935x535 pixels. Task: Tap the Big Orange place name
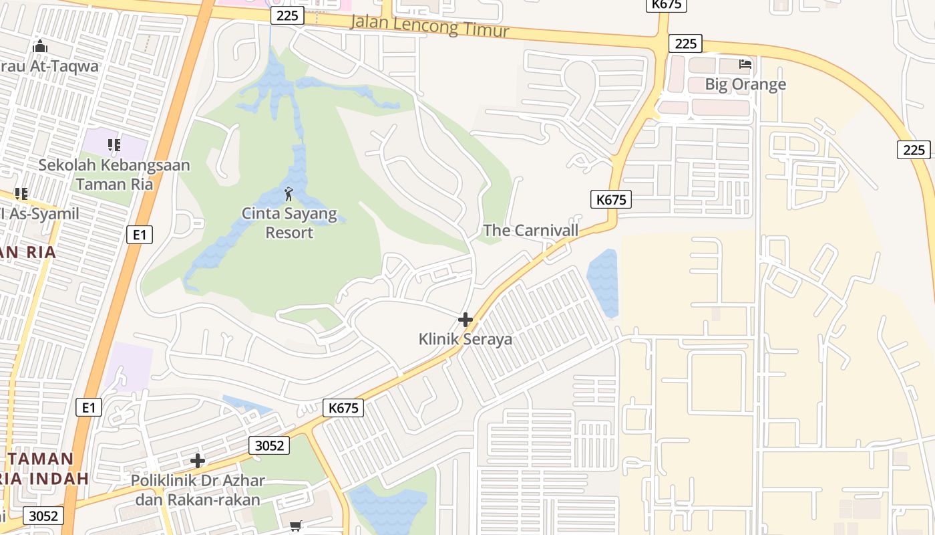tap(745, 84)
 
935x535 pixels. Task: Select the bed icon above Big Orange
tap(745, 64)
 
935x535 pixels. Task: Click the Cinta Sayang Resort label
tap(287, 223)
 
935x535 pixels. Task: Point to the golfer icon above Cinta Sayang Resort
tap(289, 195)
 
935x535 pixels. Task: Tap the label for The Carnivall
tap(530, 231)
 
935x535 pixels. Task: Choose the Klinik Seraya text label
tap(465, 339)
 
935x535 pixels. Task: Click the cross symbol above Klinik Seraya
tap(465, 320)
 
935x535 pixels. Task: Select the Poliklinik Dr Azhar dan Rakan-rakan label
tap(198, 490)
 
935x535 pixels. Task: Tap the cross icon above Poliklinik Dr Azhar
tap(198, 460)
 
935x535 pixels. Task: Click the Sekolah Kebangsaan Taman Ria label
tap(114, 174)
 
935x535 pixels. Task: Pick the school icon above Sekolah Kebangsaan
tap(114, 144)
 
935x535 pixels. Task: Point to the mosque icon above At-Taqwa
tap(40, 46)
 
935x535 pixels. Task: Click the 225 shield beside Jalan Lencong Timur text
tap(288, 15)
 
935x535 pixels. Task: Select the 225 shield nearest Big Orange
tap(685, 43)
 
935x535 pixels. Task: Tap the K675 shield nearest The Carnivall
tap(610, 199)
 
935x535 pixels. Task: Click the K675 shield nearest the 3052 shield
tap(344, 407)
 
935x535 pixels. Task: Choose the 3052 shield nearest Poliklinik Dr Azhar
tap(269, 445)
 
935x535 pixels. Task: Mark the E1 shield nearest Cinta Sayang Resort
tap(139, 234)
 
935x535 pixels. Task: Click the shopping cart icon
tap(296, 526)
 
